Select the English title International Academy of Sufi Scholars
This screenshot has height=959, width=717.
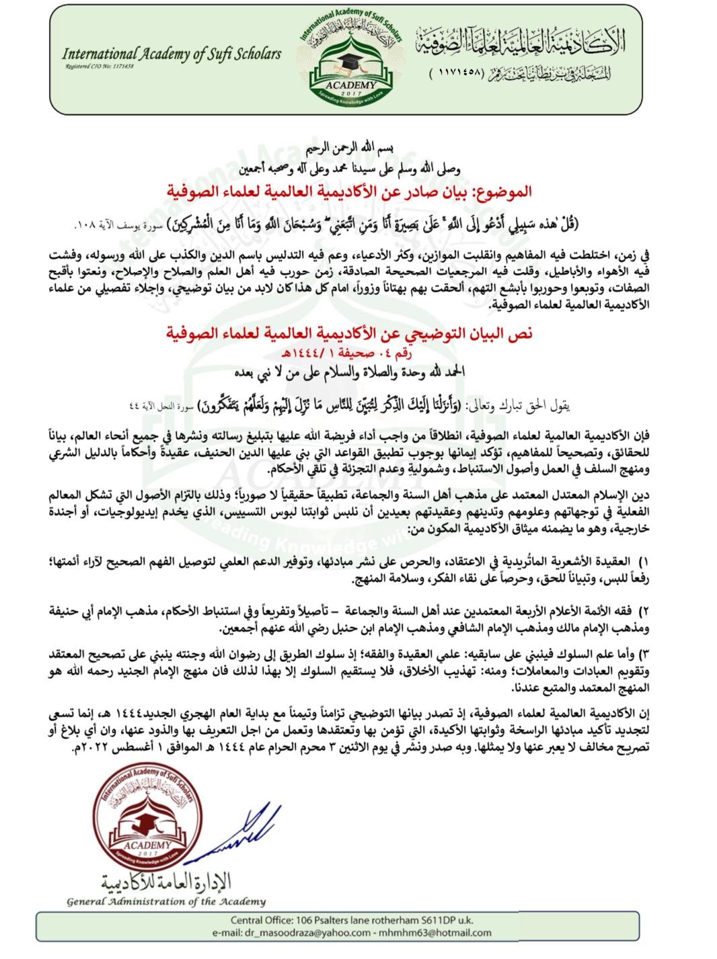click(x=171, y=54)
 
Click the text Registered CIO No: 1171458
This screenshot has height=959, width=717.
click(x=100, y=67)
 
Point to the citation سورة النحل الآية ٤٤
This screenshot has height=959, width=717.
click(x=161, y=406)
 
